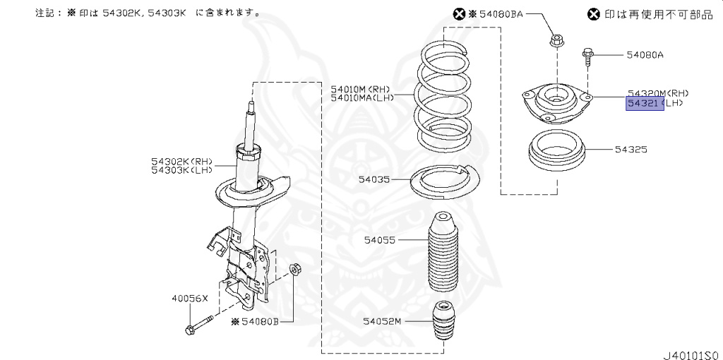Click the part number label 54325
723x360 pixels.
coord(631,150)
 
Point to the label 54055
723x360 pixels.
coord(381,241)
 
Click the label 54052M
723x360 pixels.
coord(382,321)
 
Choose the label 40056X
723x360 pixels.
coord(190,299)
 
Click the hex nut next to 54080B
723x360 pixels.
coord(297,270)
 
